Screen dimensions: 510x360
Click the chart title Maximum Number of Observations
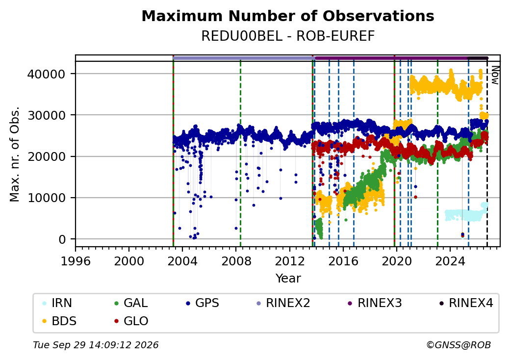(x=288, y=16)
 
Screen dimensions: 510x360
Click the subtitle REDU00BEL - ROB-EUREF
(x=288, y=36)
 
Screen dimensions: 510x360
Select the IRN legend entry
(x=57, y=303)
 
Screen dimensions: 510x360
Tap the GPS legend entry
(x=203, y=303)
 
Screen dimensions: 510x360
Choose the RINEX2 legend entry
(x=283, y=303)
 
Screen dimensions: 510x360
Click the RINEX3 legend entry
(x=375, y=303)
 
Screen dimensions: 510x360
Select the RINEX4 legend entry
(x=466, y=303)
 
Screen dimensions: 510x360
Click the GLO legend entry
(x=131, y=321)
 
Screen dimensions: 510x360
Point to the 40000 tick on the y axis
(x=46, y=74)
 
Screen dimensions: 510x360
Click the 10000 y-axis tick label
(x=46, y=198)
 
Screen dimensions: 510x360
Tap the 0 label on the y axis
(x=62, y=239)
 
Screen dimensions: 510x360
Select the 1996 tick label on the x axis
(x=76, y=261)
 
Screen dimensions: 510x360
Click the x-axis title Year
(x=288, y=279)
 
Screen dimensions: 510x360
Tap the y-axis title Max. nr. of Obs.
(x=15, y=154)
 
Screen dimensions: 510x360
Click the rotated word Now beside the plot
(x=495, y=76)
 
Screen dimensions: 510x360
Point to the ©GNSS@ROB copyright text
(x=459, y=345)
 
